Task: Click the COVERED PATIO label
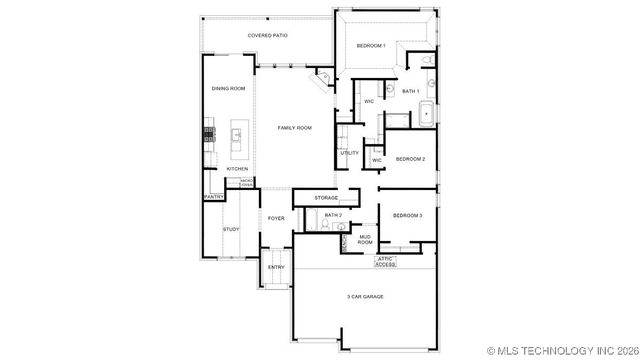point(267,36)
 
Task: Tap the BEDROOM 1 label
point(371,46)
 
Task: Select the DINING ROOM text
point(228,89)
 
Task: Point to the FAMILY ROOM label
point(295,128)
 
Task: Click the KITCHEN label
point(237,169)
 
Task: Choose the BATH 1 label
point(410,91)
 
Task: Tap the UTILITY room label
point(349,153)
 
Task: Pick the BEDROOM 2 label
point(410,159)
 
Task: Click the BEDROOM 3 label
point(407,216)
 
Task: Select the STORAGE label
point(326,198)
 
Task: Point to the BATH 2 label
point(333,216)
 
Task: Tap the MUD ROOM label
point(365,240)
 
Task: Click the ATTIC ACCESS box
point(385,262)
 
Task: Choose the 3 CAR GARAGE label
point(365,297)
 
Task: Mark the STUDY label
point(231,229)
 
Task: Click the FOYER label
point(276,218)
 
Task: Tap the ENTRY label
point(276,267)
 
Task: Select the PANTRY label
point(214,197)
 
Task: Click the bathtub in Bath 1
point(425,113)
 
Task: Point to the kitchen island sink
point(237,134)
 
